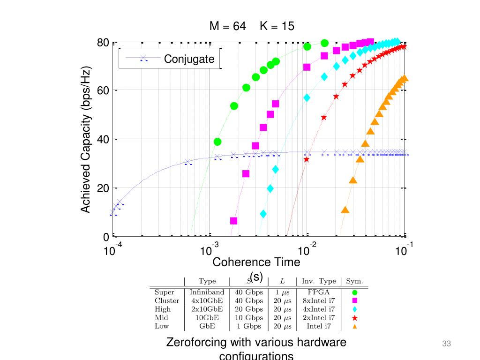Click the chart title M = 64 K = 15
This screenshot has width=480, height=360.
[x=252, y=26]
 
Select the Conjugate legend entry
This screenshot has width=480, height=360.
[x=189, y=59]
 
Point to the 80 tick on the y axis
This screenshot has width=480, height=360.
[x=103, y=43]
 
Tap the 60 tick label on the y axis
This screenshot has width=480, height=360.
[x=103, y=90]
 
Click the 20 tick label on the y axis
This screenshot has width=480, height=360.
[x=103, y=188]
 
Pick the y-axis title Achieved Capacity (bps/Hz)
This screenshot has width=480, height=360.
[x=86, y=139]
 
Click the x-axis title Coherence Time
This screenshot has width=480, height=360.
[x=256, y=262]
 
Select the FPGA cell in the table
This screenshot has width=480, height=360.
[x=319, y=292]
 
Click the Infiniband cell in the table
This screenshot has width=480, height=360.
[x=207, y=292]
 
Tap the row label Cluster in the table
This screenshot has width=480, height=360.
[x=167, y=300]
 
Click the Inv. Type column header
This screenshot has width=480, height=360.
[x=319, y=281]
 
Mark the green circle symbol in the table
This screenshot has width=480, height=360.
[x=355, y=292]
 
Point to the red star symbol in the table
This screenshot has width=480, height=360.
[x=355, y=318]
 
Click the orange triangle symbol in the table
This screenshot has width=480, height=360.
[x=355, y=327]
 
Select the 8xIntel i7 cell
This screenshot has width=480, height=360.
[x=319, y=300]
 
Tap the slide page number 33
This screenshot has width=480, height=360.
[x=446, y=344]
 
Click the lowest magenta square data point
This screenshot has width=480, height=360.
[x=234, y=221]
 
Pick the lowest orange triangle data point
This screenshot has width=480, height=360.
[x=345, y=210]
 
